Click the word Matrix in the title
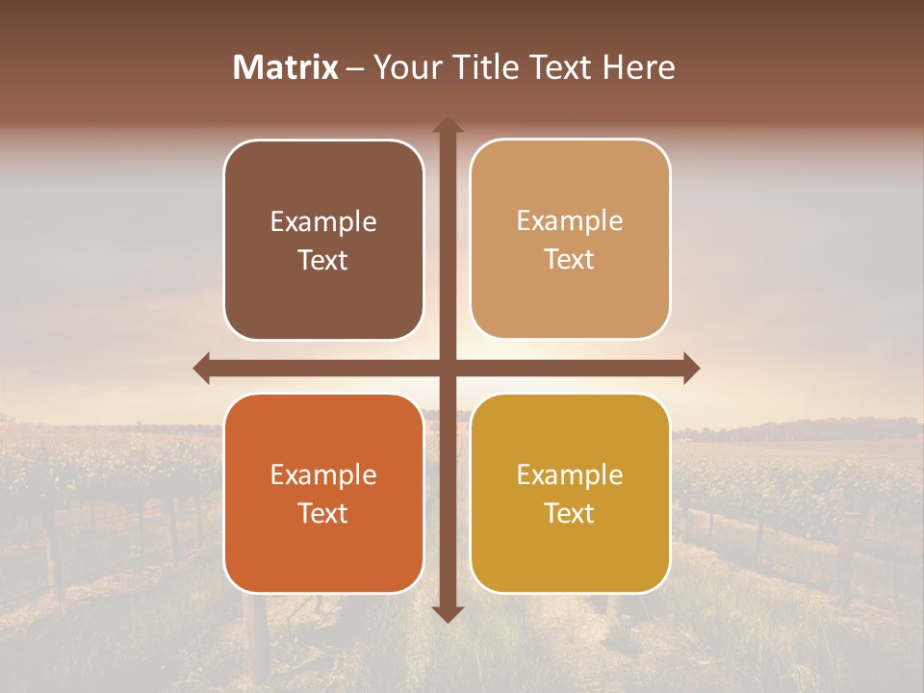(285, 67)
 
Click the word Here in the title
(639, 67)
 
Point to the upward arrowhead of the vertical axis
(448, 126)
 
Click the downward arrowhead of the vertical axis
(448, 613)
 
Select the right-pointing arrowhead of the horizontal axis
(690, 368)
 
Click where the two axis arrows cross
(448, 368)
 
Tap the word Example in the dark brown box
(323, 222)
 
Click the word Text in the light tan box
(570, 260)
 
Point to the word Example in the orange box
(323, 475)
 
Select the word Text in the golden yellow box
(570, 513)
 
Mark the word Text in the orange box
(323, 513)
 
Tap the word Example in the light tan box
(570, 221)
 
